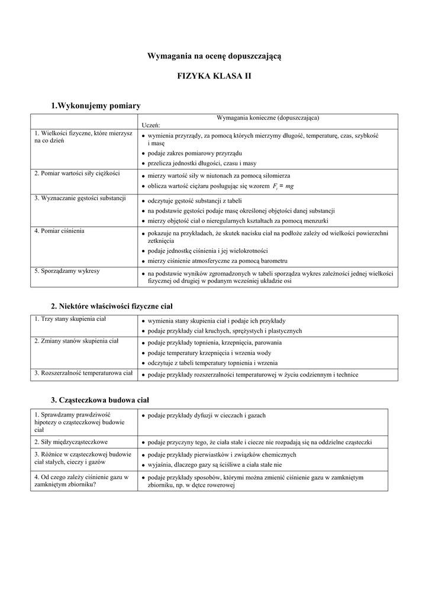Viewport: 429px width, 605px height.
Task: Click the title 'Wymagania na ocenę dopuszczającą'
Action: click(214, 56)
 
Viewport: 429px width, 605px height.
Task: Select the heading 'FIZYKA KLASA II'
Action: click(214, 77)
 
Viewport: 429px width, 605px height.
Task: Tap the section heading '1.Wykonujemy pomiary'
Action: click(96, 106)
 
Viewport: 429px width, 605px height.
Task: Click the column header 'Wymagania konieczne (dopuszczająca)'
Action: click(268, 118)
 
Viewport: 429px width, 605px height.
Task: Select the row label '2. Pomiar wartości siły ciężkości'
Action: click(77, 173)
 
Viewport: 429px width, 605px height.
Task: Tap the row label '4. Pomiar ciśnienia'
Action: click(59, 230)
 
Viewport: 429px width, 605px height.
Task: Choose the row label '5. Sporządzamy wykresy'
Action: click(67, 271)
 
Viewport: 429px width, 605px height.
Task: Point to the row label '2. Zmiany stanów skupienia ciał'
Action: click(76, 341)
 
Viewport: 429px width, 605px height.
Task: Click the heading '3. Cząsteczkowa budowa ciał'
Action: click(100, 400)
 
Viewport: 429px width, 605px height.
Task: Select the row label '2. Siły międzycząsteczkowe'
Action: click(71, 441)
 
